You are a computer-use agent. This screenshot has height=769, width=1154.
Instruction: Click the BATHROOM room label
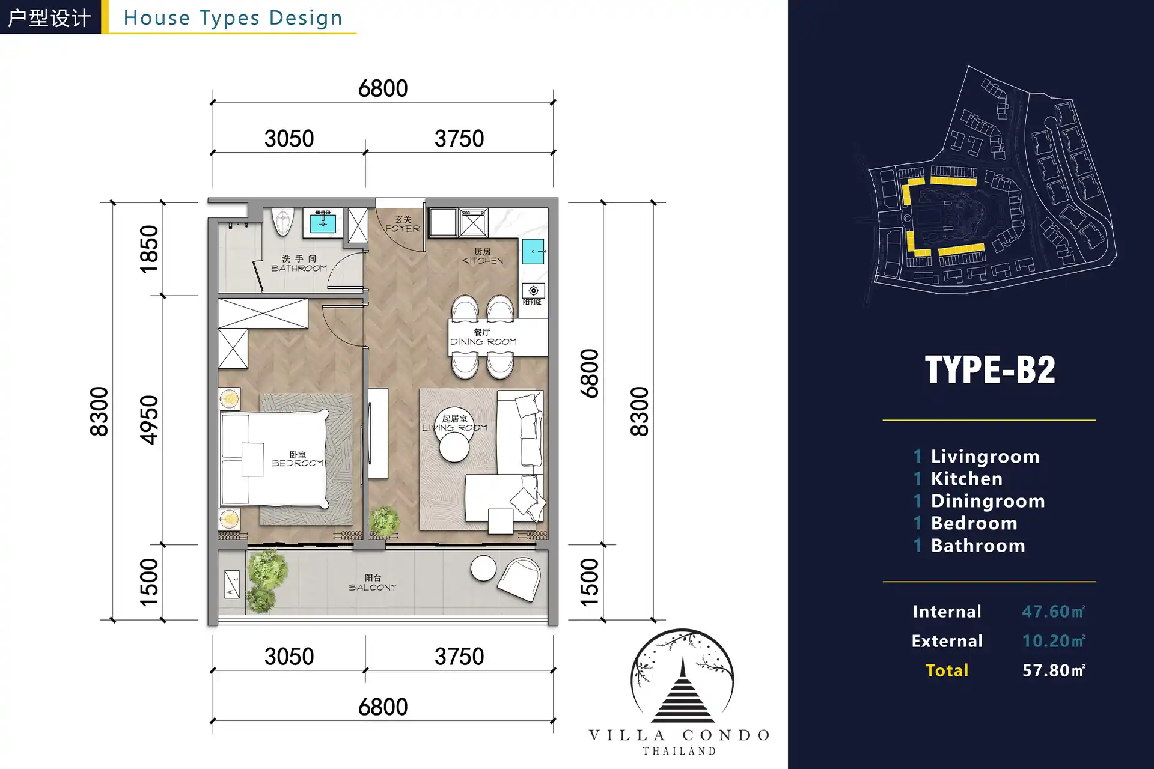click(299, 268)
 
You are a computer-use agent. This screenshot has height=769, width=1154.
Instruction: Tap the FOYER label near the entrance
click(403, 228)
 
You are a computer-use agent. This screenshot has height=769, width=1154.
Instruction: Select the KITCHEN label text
click(483, 260)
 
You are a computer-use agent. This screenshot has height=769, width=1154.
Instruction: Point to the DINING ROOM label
click(483, 341)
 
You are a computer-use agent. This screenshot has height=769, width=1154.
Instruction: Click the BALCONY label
click(373, 587)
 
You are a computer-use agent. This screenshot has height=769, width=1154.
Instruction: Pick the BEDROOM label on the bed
click(298, 463)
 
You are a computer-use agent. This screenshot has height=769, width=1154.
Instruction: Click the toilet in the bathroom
click(282, 222)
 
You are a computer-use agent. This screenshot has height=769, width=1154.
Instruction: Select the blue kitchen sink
click(533, 251)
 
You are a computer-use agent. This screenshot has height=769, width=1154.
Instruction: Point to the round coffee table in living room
click(454, 447)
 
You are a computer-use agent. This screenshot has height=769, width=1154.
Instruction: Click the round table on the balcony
click(483, 568)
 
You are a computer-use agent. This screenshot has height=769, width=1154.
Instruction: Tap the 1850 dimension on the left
click(149, 249)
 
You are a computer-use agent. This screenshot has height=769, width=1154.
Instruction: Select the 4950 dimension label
click(149, 420)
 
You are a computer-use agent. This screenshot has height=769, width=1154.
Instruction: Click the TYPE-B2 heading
click(989, 369)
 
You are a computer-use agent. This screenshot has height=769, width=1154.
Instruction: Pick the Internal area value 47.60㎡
click(1053, 612)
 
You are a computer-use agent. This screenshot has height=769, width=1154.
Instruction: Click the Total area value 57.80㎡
click(1053, 670)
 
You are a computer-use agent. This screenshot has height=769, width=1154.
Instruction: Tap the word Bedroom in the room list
click(974, 523)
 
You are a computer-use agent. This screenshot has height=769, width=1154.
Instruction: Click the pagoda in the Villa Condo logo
click(683, 691)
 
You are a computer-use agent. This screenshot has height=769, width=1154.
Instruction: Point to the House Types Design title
click(233, 18)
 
